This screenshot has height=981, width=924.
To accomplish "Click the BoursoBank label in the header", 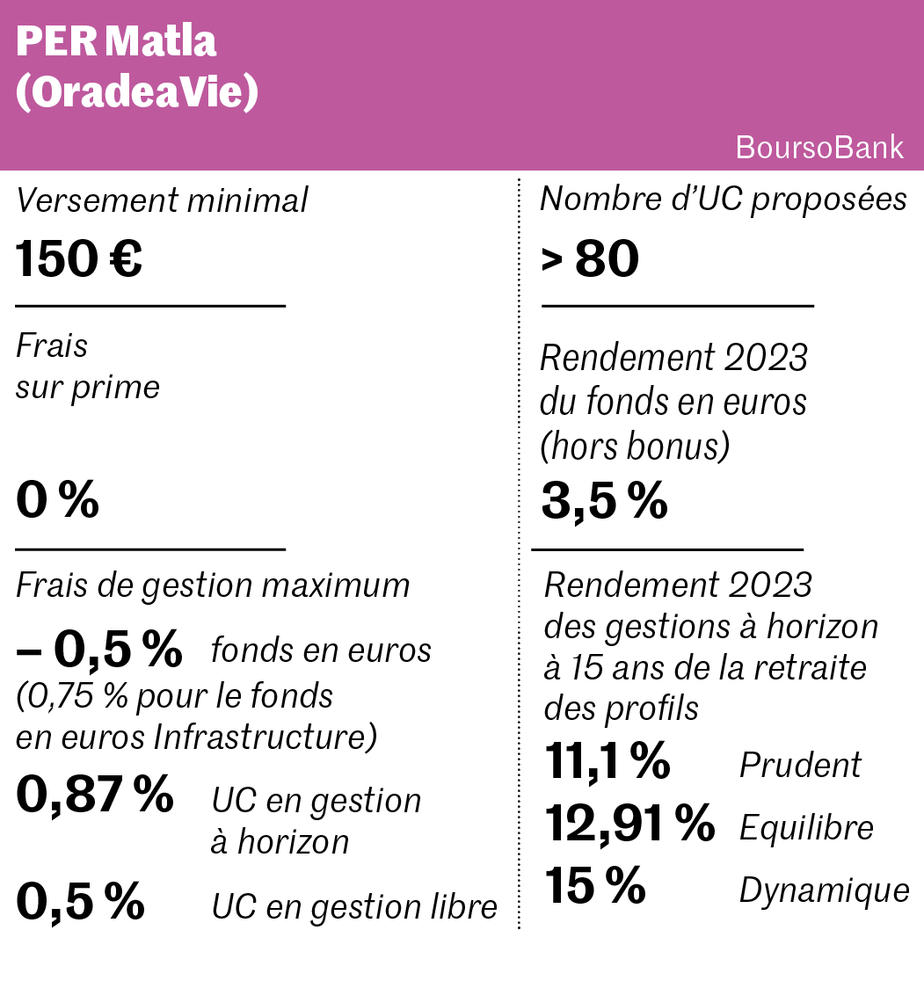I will [x=819, y=147].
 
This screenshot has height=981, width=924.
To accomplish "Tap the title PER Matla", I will [x=116, y=41].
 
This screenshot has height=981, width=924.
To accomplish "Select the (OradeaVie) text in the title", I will [x=137, y=92].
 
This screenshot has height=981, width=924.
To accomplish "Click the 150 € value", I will [x=79, y=259].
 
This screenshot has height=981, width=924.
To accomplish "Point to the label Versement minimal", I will [x=162, y=200].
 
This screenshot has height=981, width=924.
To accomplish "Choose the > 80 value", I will [x=590, y=259].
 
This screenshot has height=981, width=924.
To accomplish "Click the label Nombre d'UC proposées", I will [x=723, y=199].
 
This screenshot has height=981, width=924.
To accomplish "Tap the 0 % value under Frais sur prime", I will [x=57, y=500].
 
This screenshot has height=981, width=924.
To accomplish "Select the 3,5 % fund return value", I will [x=604, y=500].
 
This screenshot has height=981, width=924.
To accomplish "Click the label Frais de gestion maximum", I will [x=213, y=585].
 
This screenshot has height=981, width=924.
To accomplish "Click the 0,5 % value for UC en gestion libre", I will [x=80, y=902].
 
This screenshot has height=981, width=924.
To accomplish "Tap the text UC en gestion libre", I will [x=354, y=907].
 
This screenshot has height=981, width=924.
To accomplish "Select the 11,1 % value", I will [x=608, y=760].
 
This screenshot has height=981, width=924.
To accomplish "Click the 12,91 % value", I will [x=629, y=824].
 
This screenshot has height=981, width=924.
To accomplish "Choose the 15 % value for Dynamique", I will [x=595, y=886].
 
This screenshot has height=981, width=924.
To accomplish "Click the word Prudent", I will [x=800, y=765].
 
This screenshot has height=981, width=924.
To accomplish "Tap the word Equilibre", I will [x=806, y=827].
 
